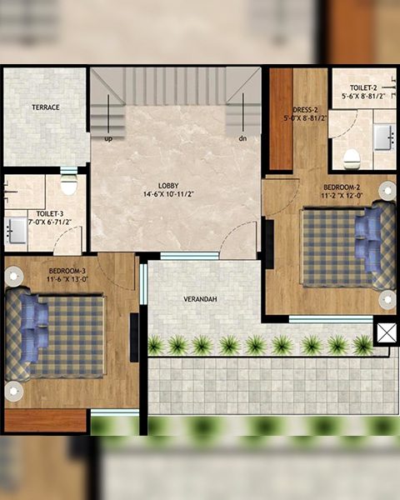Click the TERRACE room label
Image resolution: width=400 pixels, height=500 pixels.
(46, 107)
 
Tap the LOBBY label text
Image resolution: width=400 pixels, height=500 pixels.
(168, 186)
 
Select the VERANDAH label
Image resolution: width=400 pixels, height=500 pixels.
(200, 299)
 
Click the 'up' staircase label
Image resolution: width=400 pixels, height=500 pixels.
(108, 139)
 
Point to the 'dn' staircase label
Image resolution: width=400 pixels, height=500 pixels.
(242, 138)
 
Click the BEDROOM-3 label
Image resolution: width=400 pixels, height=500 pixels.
(67, 271)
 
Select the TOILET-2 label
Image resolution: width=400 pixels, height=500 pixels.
(363, 87)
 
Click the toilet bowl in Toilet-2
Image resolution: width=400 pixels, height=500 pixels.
(352, 157)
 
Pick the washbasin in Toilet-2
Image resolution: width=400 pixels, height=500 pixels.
(383, 137)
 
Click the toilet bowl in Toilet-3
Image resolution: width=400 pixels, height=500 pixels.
(68, 183)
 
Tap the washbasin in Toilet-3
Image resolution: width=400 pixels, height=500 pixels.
(15, 230)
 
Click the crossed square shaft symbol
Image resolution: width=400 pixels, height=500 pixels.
(387, 332)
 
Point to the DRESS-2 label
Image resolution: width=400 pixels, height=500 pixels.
(305, 110)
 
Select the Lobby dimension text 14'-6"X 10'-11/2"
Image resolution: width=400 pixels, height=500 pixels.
(168, 194)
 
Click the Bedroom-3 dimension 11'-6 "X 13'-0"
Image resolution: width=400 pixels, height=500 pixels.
(67, 280)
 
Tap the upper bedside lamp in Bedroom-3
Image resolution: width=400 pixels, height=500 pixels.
(13, 276)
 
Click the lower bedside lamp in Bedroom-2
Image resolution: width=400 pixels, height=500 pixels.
(387, 300)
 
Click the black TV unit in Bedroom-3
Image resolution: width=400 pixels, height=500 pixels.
(134, 337)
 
